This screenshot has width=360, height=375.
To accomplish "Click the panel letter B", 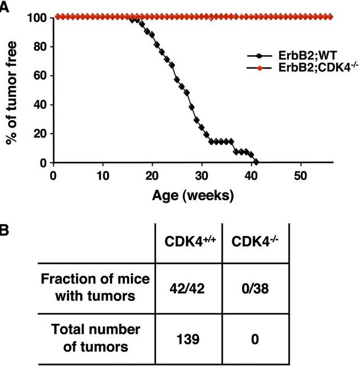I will (x=4, y=229).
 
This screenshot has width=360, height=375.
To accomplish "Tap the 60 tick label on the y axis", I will (x=41, y=76).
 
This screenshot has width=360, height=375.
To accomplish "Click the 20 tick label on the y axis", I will (x=41, y=134).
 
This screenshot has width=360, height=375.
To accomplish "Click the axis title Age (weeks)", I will (x=192, y=196).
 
